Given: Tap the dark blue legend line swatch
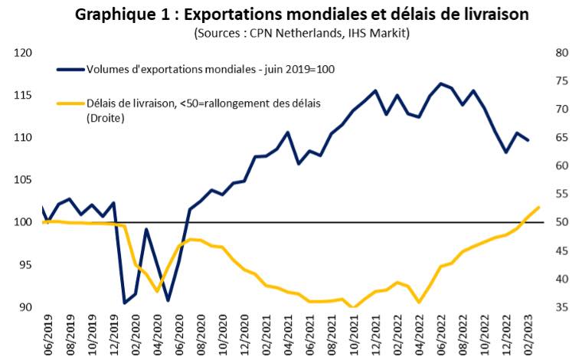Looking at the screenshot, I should (70, 69).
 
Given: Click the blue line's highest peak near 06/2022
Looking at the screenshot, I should (440, 83).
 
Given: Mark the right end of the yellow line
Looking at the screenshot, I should (539, 207).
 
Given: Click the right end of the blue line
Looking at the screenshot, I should (528, 140).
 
